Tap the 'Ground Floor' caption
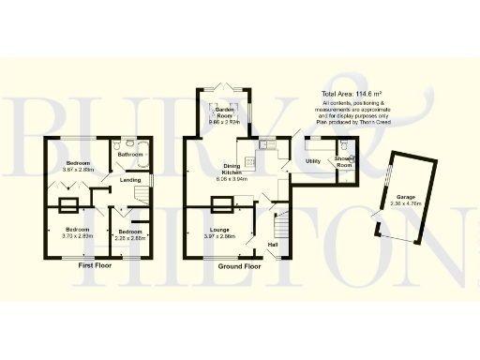click(239, 266)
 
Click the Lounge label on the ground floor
click(221, 229)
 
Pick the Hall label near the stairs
click(274, 245)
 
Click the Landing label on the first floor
click(117, 180)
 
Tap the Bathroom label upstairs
click(129, 155)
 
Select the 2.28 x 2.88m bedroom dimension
click(127, 236)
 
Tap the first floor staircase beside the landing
click(139, 193)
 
